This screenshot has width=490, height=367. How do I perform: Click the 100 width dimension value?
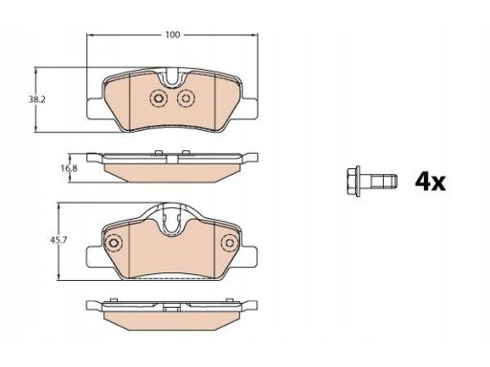pos(172,34)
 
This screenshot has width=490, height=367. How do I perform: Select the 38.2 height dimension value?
pos(37,99)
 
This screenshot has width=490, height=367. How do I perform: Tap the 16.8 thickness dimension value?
pos(69,168)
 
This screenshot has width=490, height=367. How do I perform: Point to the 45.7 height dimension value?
pos(58,240)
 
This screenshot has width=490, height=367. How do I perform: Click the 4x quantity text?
pos(430,182)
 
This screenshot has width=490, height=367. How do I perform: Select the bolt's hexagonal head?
pos(354,181)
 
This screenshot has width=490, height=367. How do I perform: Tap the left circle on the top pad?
pos(158,98)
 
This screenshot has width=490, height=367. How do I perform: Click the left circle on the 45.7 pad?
pos(113,243)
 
